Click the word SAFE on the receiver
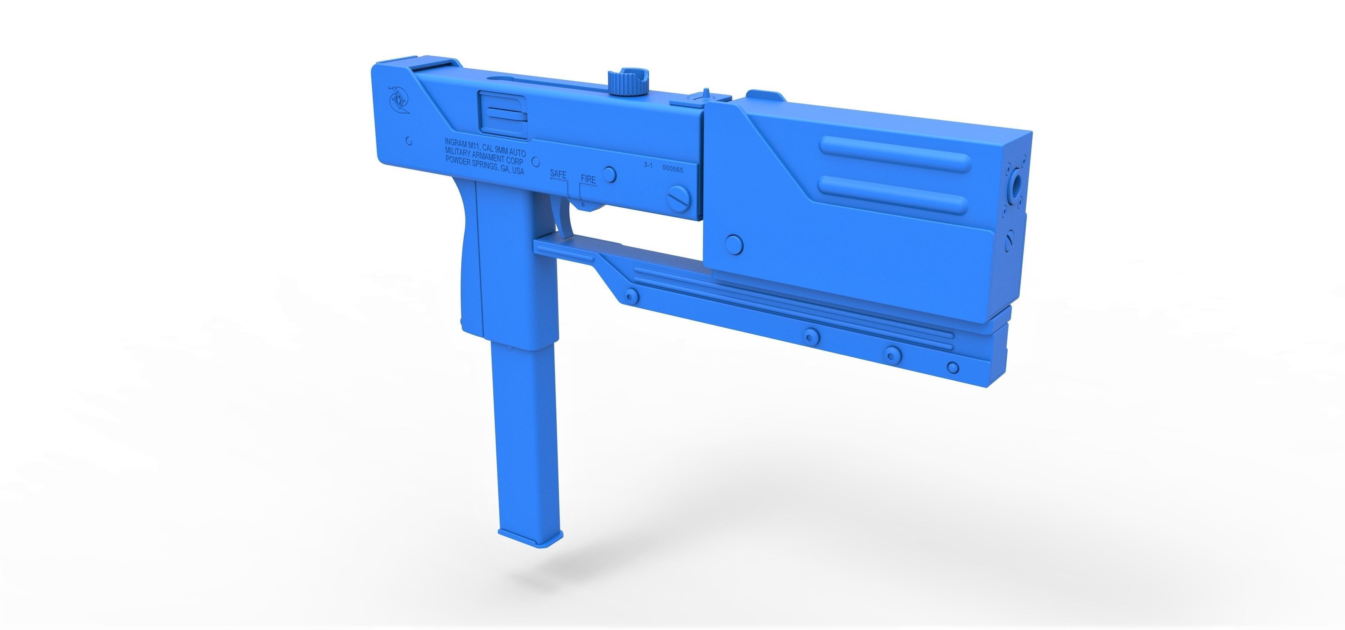click(558, 174)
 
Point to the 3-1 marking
click(648, 165)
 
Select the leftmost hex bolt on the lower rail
click(632, 296)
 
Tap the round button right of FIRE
click(609, 174)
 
